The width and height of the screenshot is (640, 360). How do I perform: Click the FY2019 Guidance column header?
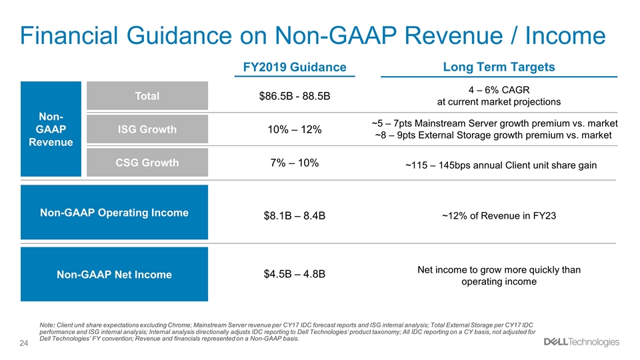[x=295, y=67]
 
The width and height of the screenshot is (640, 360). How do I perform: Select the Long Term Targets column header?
[x=499, y=67]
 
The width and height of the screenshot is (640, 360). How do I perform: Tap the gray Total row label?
[x=147, y=95]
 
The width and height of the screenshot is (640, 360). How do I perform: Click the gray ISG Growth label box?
[x=147, y=129]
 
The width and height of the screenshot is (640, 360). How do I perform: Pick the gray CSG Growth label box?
[x=147, y=163]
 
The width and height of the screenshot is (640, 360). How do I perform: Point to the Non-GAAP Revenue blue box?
[x=51, y=129]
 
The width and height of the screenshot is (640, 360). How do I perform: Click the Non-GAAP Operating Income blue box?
[x=114, y=212]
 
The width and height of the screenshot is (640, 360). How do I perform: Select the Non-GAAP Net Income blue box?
[x=114, y=274]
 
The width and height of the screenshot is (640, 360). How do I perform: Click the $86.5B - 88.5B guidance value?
[x=295, y=96]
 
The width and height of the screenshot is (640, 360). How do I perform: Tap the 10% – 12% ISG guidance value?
[x=295, y=130]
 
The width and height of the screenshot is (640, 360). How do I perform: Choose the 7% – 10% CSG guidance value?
[x=295, y=163]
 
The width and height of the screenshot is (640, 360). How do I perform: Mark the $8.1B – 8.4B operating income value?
[x=295, y=215]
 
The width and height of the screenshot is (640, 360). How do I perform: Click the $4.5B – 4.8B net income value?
[x=295, y=274]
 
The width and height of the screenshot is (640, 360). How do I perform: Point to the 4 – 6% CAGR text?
[x=499, y=90]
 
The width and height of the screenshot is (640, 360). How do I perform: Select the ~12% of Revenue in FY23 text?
[x=499, y=215]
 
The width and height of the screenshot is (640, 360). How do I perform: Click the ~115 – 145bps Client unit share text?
[x=501, y=165]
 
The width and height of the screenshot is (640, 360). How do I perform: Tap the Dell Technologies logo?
[x=581, y=342]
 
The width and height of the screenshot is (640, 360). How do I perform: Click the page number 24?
[x=24, y=343]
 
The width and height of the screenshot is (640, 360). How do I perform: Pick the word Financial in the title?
[x=69, y=35]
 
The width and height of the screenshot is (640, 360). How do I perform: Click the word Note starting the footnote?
[x=47, y=325]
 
